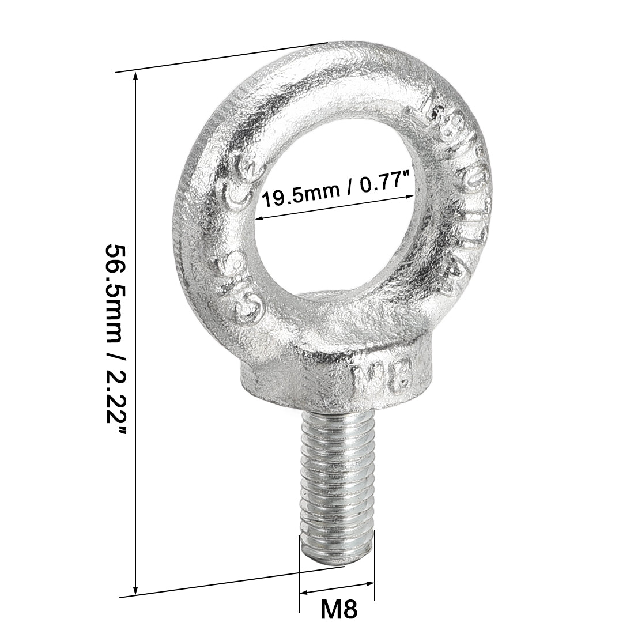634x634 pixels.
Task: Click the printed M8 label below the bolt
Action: pyautogui.click(x=338, y=609)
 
